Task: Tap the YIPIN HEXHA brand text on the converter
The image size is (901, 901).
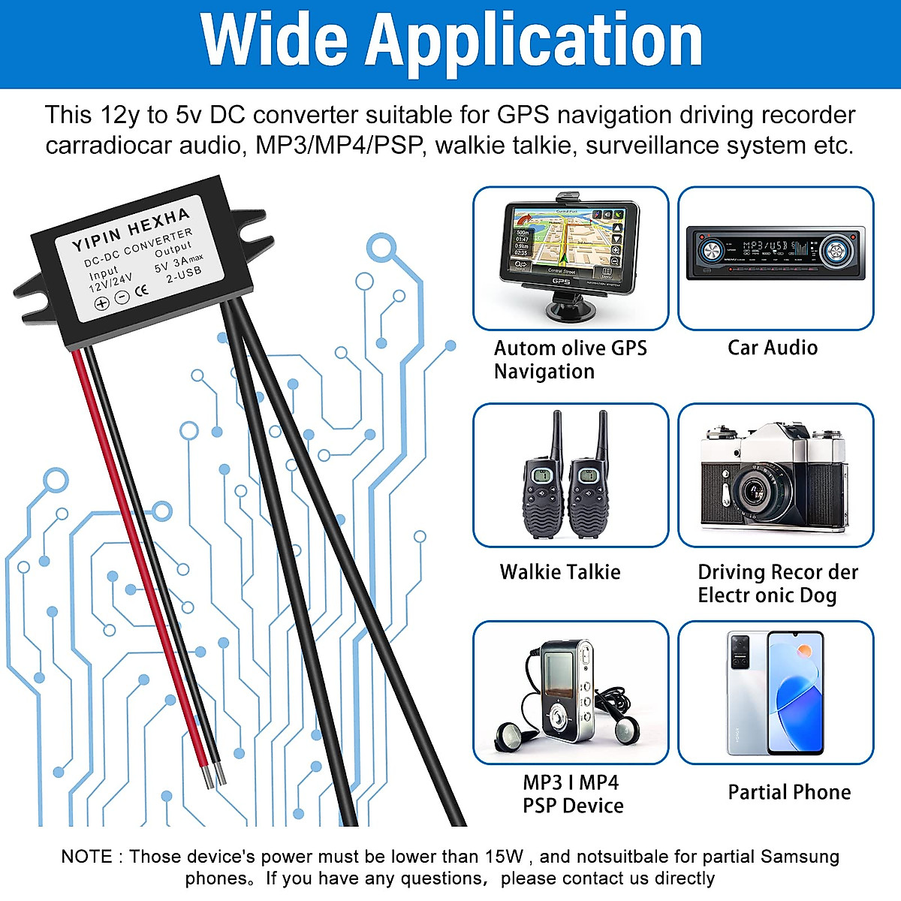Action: coord(131,229)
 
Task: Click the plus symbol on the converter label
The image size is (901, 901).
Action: coord(101,303)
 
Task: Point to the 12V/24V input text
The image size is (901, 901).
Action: coord(110,282)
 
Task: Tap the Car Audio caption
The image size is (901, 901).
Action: coord(773,348)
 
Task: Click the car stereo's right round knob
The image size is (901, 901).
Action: coord(834,251)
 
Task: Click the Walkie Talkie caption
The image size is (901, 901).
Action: coord(560,572)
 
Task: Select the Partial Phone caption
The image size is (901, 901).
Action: coord(789,792)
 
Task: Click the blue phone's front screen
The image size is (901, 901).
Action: coord(795,695)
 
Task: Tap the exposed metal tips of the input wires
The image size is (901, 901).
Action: coord(212,776)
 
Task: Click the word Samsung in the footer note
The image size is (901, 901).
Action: coord(800,857)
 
